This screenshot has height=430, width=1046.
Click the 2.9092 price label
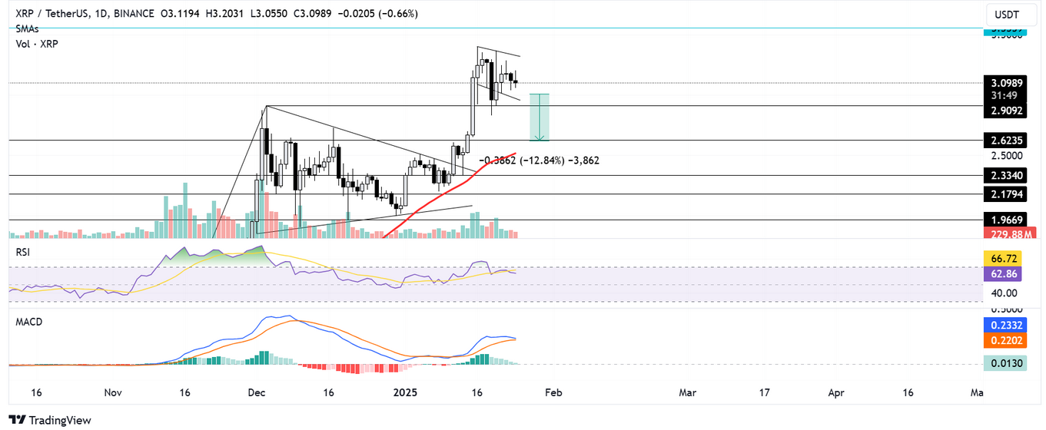pyautogui.click(x=1007, y=111)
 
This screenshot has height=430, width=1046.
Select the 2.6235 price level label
pyautogui.click(x=1007, y=141)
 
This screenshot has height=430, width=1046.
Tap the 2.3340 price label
pyautogui.click(x=1007, y=176)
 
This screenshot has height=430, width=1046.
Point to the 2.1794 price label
pyautogui.click(x=1007, y=195)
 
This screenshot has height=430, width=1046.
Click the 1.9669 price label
pyautogui.click(x=1007, y=220)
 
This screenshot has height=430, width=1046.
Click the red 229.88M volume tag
pyautogui.click(x=1007, y=233)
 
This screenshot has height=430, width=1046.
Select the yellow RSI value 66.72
pyautogui.click(x=1007, y=259)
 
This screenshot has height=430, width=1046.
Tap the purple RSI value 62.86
pyautogui.click(x=1007, y=273)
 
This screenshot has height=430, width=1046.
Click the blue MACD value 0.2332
pyautogui.click(x=1007, y=326)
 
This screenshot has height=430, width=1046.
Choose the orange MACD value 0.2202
pyautogui.click(x=1007, y=340)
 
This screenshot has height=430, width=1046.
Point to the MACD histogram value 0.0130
pyautogui.click(x=1007, y=365)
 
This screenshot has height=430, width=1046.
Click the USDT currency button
pyautogui.click(x=1007, y=15)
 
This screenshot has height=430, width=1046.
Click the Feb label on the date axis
pyautogui.click(x=553, y=392)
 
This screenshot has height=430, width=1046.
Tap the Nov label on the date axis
pyautogui.click(x=112, y=392)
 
